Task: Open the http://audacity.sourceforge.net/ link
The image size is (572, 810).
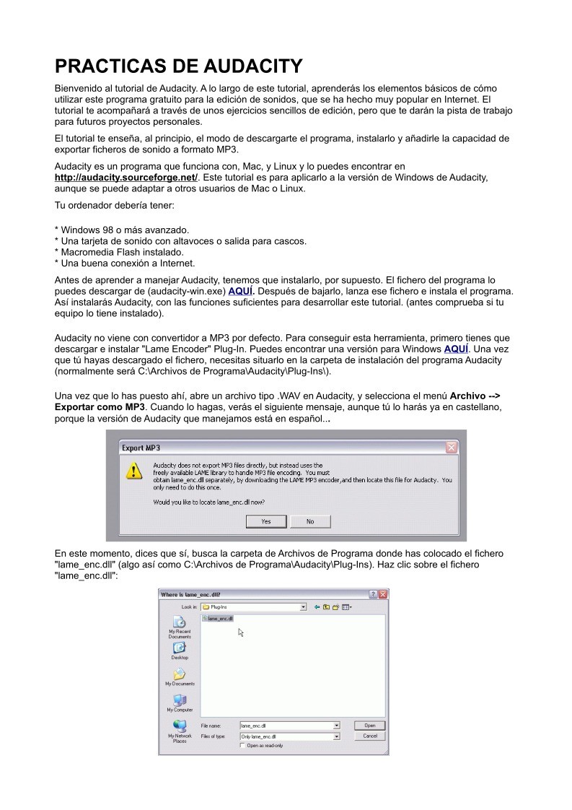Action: pos(126,177)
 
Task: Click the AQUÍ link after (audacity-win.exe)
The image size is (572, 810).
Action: pos(240,292)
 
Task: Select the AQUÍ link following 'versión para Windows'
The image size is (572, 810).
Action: pos(456,349)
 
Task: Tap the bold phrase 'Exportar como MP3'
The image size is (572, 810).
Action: pos(100,406)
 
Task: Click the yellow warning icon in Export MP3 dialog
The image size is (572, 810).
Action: pos(134,471)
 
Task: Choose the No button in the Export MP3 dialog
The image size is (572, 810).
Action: pos(310,521)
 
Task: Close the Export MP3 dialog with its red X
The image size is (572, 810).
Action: pos(452,448)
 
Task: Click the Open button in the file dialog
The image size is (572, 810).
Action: pos(369,726)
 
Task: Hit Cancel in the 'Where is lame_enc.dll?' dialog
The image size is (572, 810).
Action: pos(369,736)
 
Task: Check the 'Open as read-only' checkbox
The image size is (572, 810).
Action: pos(242,746)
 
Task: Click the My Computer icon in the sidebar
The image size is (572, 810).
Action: pos(180,700)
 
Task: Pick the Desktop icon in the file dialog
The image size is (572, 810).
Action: pos(180,648)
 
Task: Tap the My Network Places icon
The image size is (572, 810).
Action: pos(180,726)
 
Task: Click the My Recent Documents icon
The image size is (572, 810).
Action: pos(180,622)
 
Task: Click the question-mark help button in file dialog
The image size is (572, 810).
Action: pos(373,594)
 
